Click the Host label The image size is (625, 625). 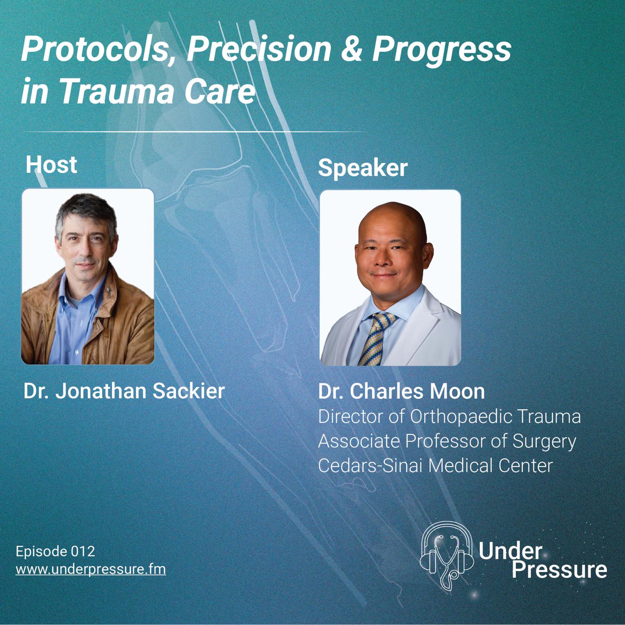click(51, 164)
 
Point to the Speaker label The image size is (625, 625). click(362, 168)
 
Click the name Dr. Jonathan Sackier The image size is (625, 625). click(124, 391)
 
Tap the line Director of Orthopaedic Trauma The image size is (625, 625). click(449, 417)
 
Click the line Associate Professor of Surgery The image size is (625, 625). click(447, 442)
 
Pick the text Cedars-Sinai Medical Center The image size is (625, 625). click(435, 466)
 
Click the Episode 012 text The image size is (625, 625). click(55, 551)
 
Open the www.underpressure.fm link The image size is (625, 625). click(91, 570)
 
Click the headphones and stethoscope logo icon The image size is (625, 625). click(446, 560)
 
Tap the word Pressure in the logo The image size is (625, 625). click(559, 570)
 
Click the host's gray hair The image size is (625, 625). click(87, 211)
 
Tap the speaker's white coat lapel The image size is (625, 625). click(412, 328)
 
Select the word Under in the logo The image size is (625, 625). click(510, 550)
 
